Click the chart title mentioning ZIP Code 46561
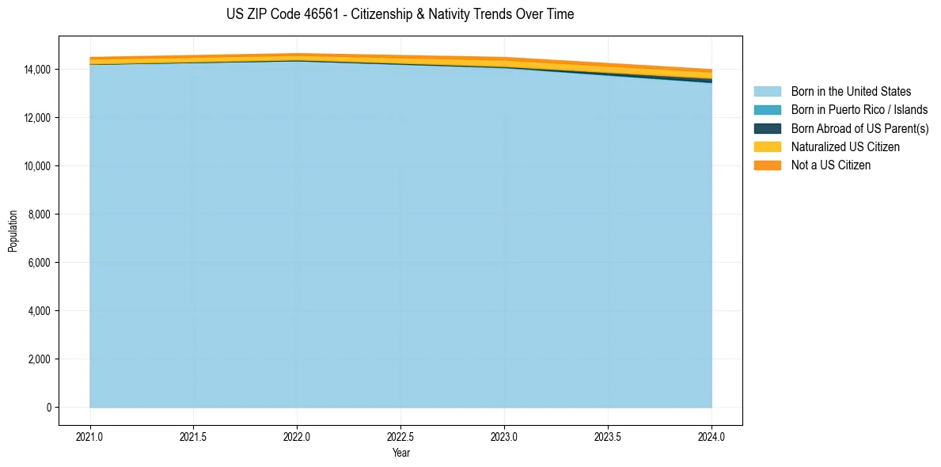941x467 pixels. point(400,14)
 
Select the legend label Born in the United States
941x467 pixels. point(851,92)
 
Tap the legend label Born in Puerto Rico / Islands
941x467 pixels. point(859,110)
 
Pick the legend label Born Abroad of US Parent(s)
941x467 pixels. point(859,128)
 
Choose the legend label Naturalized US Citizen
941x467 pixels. point(845,147)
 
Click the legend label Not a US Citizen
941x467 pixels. point(831,165)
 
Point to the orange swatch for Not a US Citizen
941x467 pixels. point(767,165)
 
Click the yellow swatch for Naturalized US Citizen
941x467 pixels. point(767,147)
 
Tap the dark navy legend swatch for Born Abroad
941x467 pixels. point(767,128)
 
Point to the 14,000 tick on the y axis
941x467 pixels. point(37,70)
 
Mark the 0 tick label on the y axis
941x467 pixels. point(48,408)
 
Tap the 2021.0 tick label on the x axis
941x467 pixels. point(90,436)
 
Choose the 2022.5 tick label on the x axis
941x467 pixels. point(400,436)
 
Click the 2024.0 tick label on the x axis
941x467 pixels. point(711,436)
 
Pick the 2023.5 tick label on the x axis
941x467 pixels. point(608,436)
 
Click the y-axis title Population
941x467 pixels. point(13,230)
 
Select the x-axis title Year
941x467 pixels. point(400,454)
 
